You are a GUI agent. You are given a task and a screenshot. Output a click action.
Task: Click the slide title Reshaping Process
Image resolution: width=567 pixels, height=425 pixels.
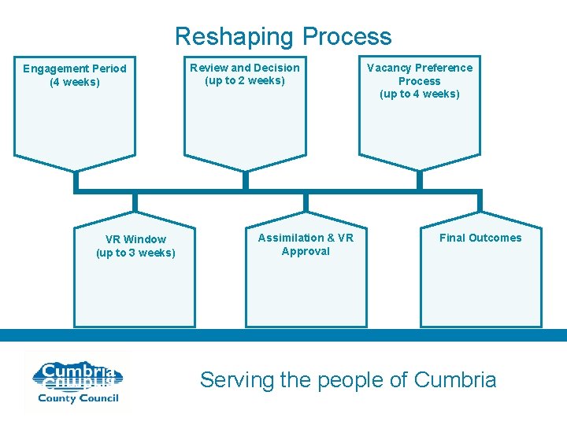pyautogui.click(x=283, y=36)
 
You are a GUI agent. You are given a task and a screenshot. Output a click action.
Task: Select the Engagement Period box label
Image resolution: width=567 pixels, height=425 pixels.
pyautogui.click(x=74, y=68)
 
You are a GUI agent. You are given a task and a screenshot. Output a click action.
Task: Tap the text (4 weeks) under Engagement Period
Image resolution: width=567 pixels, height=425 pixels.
pyautogui.click(x=74, y=82)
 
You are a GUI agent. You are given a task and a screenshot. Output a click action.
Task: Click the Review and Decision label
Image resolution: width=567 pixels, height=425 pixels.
pyautogui.click(x=244, y=68)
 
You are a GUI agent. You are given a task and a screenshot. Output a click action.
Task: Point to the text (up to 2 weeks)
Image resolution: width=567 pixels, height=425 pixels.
pyautogui.click(x=244, y=80)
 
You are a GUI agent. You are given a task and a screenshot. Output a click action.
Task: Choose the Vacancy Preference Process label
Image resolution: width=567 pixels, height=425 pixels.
pyautogui.click(x=419, y=74)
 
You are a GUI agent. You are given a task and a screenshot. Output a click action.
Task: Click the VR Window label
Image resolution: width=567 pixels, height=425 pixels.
pyautogui.click(x=135, y=239)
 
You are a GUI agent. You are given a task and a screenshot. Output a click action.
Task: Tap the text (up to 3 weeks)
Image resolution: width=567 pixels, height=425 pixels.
pyautogui.click(x=135, y=253)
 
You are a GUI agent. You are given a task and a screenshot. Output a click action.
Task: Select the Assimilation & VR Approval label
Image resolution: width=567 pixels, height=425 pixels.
pyautogui.click(x=306, y=244)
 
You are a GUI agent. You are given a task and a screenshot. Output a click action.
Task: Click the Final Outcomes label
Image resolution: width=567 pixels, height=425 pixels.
pyautogui.click(x=480, y=238)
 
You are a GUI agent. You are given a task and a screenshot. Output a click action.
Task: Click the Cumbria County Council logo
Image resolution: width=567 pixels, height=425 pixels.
pyautogui.click(x=76, y=382)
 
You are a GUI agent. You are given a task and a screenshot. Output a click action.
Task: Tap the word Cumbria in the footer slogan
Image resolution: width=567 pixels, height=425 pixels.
pyautogui.click(x=454, y=380)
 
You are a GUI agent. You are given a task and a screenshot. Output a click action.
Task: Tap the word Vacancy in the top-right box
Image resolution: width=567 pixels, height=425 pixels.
pyautogui.click(x=387, y=68)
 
